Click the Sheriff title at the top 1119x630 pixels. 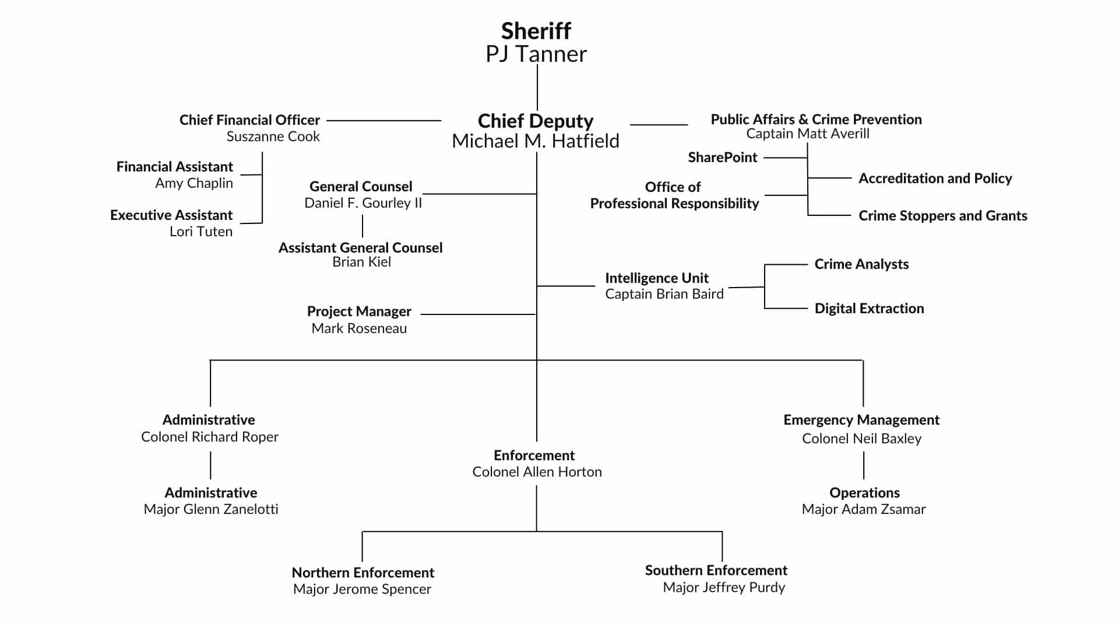click(536, 31)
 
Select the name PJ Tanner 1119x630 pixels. click(536, 54)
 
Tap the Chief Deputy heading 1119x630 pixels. click(535, 121)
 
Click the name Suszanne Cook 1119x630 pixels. click(273, 136)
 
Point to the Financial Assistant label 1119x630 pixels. click(174, 167)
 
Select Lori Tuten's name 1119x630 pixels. click(200, 232)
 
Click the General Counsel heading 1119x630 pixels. click(360, 187)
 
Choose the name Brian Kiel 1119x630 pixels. click(361, 262)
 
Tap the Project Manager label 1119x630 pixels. click(359, 311)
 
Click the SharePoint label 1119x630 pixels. click(722, 157)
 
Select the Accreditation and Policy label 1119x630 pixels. click(935, 178)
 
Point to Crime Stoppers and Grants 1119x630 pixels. click(942, 216)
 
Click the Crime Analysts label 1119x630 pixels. click(861, 264)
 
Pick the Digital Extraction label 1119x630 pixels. click(869, 309)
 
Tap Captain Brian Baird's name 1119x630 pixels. click(664, 294)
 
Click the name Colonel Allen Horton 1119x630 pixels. click(536, 472)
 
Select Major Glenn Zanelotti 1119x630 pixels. click(210, 509)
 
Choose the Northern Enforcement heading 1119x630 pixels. click(363, 573)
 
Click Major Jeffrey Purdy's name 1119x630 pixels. click(723, 587)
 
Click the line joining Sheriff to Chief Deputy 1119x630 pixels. click(537, 87)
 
